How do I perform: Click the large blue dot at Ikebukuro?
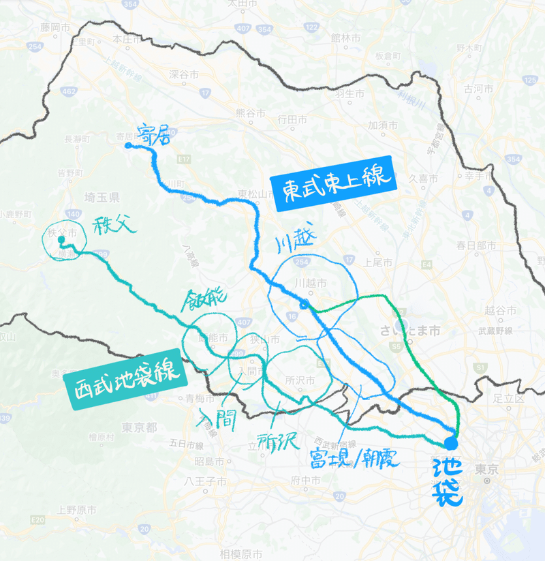tap(451, 443)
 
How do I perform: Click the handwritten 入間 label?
tap(216, 418)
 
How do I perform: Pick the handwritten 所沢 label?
tap(278, 441)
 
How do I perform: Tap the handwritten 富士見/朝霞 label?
tap(350, 457)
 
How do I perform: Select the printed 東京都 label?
tap(140, 427)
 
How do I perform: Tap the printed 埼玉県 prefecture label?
tap(102, 198)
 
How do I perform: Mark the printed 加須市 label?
tap(383, 125)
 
